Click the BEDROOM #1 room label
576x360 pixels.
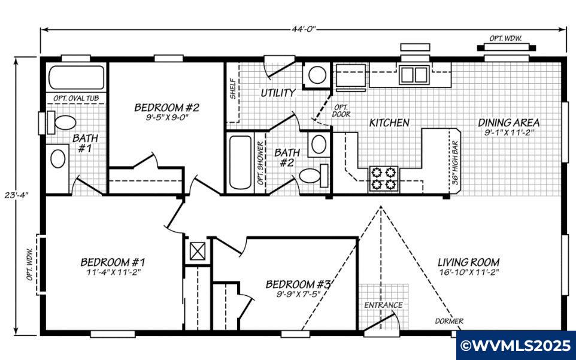[113, 262]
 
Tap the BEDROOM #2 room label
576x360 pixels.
[166, 108]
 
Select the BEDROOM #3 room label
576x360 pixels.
[298, 283]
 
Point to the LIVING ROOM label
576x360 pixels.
[468, 262]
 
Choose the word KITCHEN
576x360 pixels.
[389, 123]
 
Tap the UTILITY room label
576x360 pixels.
[278, 93]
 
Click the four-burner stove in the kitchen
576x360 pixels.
[384, 178]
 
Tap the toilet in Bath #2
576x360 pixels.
[312, 176]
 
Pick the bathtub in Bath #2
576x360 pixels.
[241, 162]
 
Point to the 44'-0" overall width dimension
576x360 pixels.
[304, 29]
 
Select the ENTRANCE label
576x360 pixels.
[384, 305]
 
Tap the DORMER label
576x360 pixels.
[449, 321]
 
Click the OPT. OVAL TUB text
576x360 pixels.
[76, 98]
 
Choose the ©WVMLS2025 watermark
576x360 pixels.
[516, 346]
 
